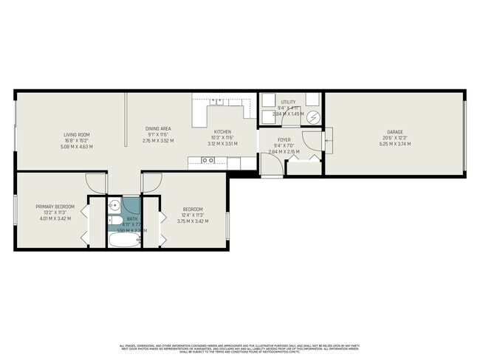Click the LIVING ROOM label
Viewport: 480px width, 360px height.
77,134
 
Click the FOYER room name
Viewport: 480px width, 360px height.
284,139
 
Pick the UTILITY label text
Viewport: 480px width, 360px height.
288,102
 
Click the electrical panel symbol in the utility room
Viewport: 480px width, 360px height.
314,117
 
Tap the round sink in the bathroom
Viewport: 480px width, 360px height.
114,206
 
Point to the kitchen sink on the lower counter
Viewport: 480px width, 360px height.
202,159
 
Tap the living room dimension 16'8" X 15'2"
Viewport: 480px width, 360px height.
77,140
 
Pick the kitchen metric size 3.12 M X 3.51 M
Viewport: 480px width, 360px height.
222,145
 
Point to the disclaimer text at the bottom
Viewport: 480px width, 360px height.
240,348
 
